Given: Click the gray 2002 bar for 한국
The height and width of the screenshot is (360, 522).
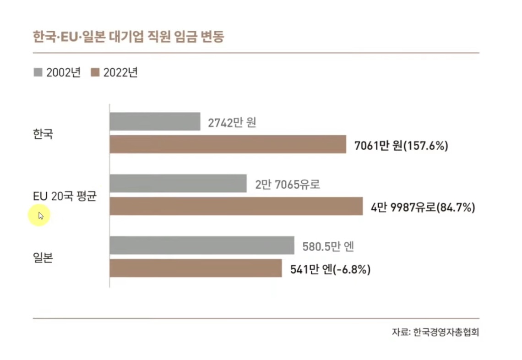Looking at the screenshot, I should (x=155, y=121).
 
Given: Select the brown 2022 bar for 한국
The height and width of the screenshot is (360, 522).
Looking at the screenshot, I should (x=228, y=144).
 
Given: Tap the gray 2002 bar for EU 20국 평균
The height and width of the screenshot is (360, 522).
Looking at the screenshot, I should (x=178, y=183).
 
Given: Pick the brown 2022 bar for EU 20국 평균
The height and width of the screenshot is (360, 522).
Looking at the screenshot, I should (x=236, y=206).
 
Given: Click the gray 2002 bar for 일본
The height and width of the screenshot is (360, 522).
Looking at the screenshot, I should (x=201, y=245).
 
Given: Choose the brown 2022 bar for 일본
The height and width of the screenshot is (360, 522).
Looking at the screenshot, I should (x=196, y=268).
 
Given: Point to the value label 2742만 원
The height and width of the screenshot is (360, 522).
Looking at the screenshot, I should (x=232, y=123).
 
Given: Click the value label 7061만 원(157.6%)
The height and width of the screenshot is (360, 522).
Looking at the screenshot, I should (x=401, y=146).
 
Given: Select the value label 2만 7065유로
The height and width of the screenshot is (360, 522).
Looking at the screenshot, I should (x=288, y=185).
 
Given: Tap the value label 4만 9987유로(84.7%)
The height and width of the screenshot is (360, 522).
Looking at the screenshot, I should (x=423, y=207).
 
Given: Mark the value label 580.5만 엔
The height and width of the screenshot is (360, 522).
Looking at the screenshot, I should (x=329, y=247).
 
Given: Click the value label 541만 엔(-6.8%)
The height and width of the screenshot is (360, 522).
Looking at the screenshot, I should (x=331, y=269).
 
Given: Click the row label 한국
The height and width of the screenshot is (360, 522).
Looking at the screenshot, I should (x=43, y=134).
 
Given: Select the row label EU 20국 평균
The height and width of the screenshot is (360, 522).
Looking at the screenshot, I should (x=65, y=196).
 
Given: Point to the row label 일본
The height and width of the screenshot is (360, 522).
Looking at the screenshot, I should (x=43, y=258).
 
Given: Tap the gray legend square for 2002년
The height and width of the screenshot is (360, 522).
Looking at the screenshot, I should (x=38, y=72).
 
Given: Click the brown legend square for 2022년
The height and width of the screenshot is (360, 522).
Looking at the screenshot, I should (x=95, y=72).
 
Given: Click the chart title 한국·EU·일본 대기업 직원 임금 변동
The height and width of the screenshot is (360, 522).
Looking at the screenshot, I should (x=129, y=37).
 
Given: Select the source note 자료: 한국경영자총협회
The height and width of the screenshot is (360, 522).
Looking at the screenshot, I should (x=435, y=332).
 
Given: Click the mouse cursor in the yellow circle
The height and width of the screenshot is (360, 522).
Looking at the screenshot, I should (x=40, y=215).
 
